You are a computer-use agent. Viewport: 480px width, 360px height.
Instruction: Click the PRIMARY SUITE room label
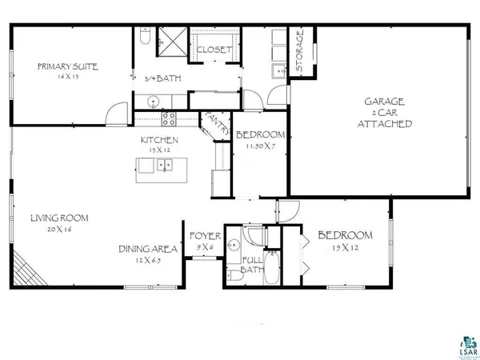pos(67,66)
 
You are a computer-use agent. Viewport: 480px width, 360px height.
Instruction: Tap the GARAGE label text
pos(385,102)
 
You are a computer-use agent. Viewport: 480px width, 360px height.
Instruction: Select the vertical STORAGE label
pos(300,53)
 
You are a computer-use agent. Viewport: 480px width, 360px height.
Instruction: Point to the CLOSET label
pos(214,50)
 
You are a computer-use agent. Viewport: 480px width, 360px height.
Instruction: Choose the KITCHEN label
pos(159,140)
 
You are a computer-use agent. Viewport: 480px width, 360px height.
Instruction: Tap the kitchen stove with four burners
pos(170,118)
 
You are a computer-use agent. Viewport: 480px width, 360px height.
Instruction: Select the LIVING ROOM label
pos(59,218)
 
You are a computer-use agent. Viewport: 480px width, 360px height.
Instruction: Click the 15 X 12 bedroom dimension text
pos(345,248)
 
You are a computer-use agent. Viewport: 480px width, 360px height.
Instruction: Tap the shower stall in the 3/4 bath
pos(170,38)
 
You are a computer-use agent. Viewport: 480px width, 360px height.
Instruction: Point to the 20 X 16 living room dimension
pos(59,229)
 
